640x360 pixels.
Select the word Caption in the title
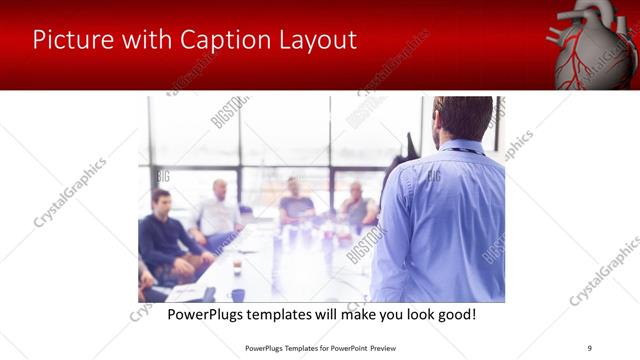tap(225, 40)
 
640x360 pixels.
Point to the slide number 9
tap(588, 347)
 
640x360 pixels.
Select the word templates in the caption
tap(301, 315)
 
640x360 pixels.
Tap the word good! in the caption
tap(456, 315)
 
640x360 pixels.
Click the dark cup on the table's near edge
tap(238, 294)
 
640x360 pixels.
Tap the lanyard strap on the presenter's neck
tap(462, 150)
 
